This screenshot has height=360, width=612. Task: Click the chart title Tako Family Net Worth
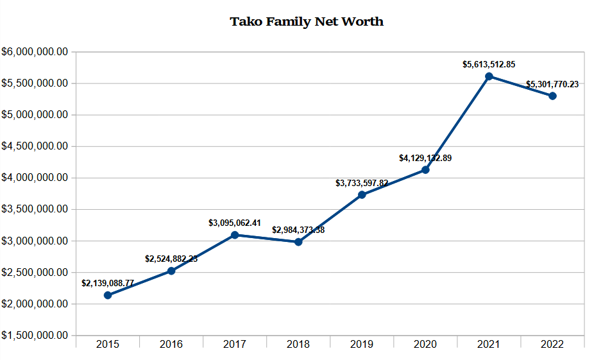[x=307, y=22]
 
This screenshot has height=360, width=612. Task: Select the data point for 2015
[x=108, y=295]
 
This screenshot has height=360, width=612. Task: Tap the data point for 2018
[x=298, y=242]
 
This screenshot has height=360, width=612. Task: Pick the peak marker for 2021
[x=489, y=76]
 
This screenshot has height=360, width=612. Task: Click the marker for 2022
[x=552, y=96]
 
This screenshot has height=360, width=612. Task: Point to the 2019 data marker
[x=362, y=194]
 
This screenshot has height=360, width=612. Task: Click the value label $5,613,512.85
[x=489, y=64]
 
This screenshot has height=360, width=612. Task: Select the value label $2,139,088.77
[x=108, y=283]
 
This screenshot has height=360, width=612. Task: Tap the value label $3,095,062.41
[x=235, y=223]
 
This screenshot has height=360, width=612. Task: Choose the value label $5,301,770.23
[x=552, y=84]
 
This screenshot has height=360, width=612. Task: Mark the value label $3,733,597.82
[x=362, y=183]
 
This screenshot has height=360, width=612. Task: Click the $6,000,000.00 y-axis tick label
[x=35, y=52]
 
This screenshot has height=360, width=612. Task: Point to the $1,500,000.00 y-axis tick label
[x=35, y=336]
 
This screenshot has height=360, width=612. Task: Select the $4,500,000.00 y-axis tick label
[x=35, y=146]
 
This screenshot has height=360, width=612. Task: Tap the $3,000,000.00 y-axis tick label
[x=35, y=241]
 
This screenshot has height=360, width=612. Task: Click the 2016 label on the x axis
[x=171, y=345]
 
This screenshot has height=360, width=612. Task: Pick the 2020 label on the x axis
[x=425, y=345]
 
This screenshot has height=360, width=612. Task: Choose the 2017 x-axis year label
[x=235, y=345]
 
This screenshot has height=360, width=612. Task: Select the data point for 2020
[x=425, y=170]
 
